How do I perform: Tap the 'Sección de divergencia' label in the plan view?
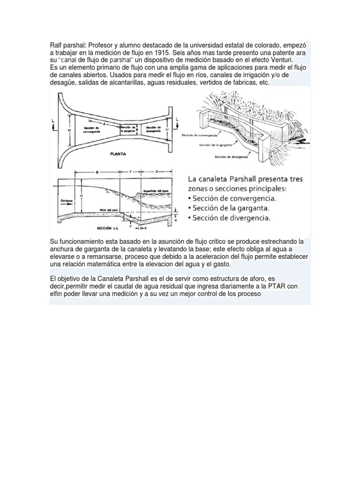tap(154, 129)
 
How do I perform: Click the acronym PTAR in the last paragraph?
tap(279, 286)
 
